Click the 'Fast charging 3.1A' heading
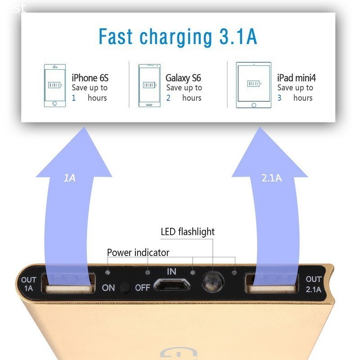click(x=178, y=36)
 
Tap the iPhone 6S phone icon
click(x=54, y=85)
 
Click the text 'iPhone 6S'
click(x=90, y=78)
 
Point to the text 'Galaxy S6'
click(x=183, y=78)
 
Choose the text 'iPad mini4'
click(x=297, y=78)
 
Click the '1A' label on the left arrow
click(x=70, y=178)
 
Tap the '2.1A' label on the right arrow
click(x=271, y=178)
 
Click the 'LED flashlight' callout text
click(x=188, y=232)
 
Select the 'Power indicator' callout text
click(x=138, y=252)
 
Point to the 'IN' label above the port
click(x=171, y=271)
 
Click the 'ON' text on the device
click(x=108, y=288)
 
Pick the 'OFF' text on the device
click(x=142, y=288)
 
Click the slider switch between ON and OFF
click(x=126, y=288)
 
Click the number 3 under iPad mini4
click(x=279, y=98)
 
